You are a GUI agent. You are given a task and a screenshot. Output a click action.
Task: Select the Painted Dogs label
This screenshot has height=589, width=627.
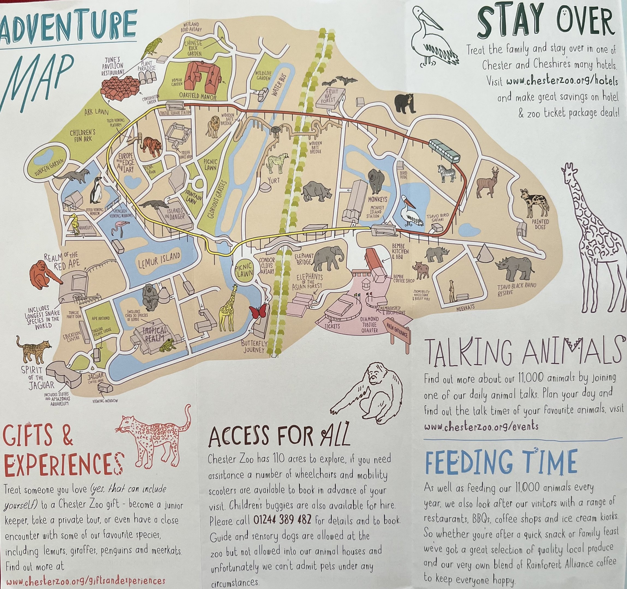pos(540,224)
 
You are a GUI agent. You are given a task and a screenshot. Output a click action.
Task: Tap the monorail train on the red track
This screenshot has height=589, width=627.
pos(444,151)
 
